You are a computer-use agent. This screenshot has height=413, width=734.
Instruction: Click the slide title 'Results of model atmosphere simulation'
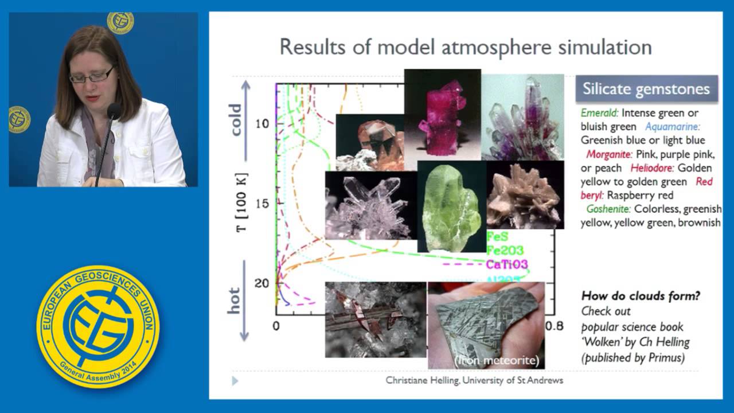coord(465,46)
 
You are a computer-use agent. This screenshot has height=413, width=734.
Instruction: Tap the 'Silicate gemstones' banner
coord(646,89)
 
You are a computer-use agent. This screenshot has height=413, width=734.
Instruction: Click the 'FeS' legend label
coord(497,236)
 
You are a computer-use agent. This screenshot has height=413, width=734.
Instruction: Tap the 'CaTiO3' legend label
coord(506,264)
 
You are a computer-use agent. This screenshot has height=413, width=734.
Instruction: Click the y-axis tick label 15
coord(263,204)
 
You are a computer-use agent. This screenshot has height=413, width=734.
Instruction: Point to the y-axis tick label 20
coord(263,283)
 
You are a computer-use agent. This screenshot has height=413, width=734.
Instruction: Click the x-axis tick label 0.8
coord(554,325)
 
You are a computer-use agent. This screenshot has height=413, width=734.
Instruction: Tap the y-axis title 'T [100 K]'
coord(242,202)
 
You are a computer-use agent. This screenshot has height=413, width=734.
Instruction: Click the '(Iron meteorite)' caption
coord(497,360)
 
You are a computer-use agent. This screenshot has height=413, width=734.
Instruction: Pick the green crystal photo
coord(451,206)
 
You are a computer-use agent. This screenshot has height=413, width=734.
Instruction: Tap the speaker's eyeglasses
coord(92,75)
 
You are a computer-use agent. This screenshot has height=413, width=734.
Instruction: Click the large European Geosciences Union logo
coord(98,326)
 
